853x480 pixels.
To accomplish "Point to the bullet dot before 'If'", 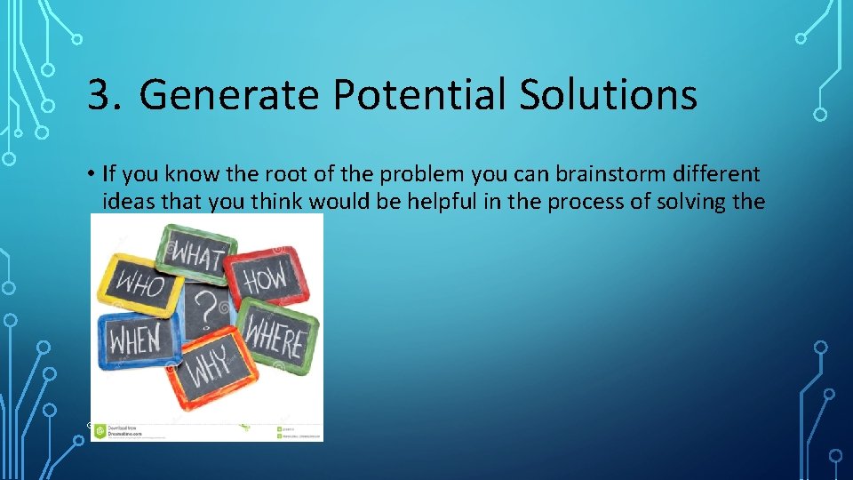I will (x=92, y=172).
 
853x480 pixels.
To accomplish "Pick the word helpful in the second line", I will (x=439, y=202).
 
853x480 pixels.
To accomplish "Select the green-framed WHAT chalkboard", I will (x=197, y=254).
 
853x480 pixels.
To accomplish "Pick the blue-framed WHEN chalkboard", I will (x=136, y=339).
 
